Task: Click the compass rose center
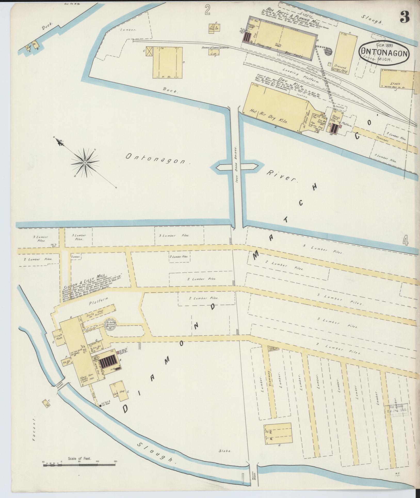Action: point(85,162)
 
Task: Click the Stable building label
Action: point(395,83)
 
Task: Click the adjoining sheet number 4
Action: point(406,241)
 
